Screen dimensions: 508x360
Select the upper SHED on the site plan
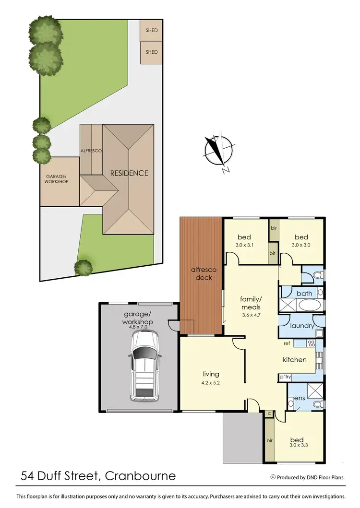(152, 31)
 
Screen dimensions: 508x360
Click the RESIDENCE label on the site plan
(129, 173)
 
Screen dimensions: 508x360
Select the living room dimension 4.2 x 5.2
(211, 383)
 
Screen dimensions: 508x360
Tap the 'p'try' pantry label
(286, 377)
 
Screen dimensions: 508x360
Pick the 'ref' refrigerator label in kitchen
(287, 343)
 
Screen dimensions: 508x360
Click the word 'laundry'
(302, 326)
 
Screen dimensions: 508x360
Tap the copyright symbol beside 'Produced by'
(273, 477)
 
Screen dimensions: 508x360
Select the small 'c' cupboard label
(269, 413)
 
